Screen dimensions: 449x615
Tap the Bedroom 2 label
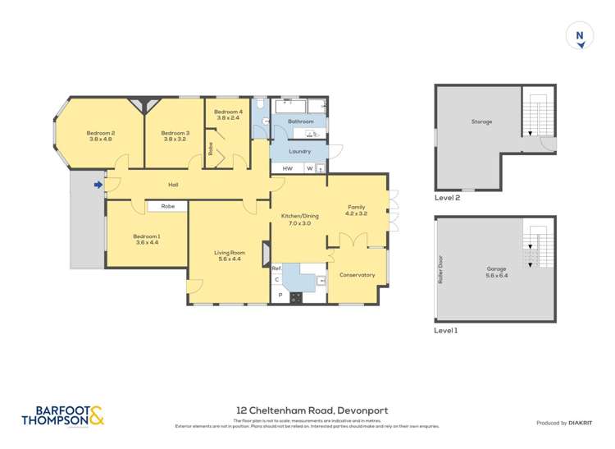(x=101, y=133)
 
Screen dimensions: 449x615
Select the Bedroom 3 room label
(x=175, y=133)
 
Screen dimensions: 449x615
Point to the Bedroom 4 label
(x=228, y=112)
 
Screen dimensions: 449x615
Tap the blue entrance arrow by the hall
(x=98, y=185)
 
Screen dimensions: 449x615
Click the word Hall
(x=173, y=185)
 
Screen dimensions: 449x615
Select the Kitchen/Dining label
(x=299, y=215)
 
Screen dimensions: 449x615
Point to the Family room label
(x=356, y=207)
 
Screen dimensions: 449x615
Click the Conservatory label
(x=357, y=275)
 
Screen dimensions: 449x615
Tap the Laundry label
(x=299, y=151)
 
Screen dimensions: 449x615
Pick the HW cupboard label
(x=287, y=169)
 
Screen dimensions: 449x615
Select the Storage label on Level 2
(x=481, y=121)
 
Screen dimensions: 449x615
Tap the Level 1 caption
(x=446, y=330)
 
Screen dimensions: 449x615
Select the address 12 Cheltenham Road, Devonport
(x=312, y=410)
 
